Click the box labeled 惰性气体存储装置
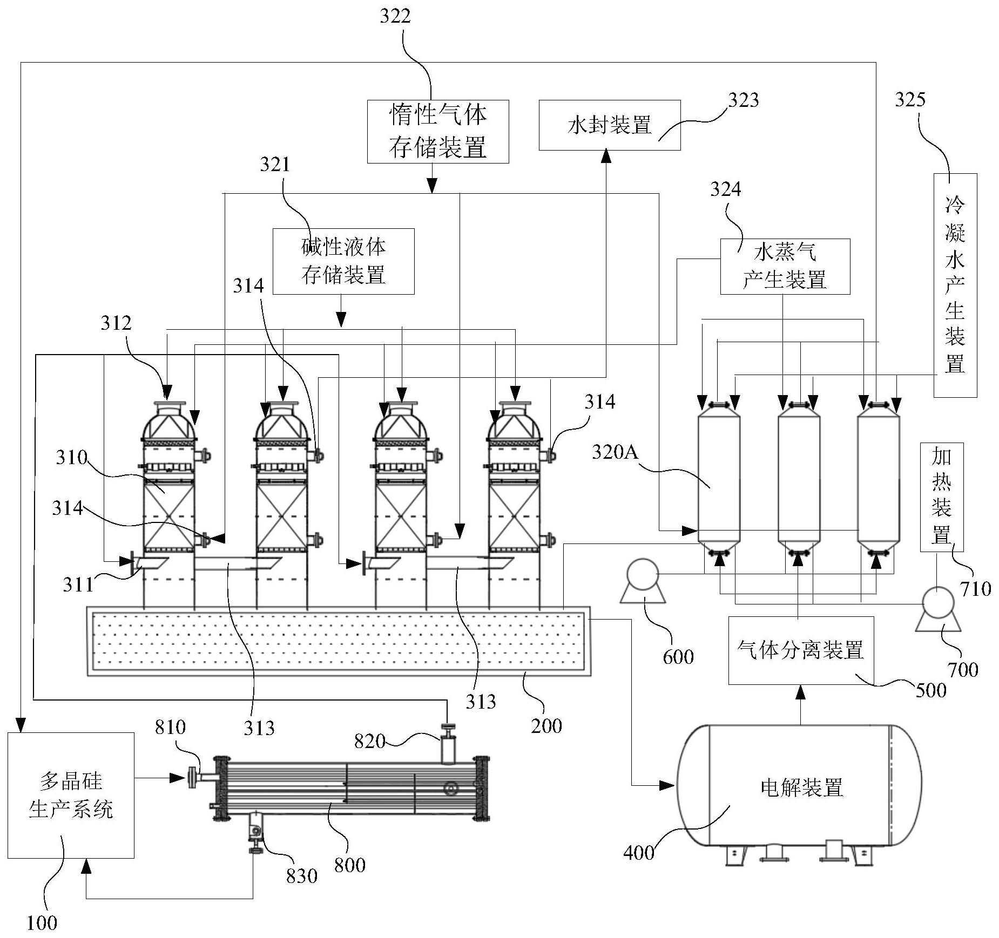coord(438,131)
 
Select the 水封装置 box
coord(610,125)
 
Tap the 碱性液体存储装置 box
coord(343,261)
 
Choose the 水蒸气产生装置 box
coord(785,267)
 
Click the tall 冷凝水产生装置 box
coord(955,285)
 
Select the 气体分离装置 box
coord(801,650)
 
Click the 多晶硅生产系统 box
coord(71,795)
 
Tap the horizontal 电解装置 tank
coord(799,787)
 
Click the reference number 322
coord(395,16)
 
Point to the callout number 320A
coord(615,452)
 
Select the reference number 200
coord(546,726)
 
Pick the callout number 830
coord(301,875)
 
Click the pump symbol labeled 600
coord(642,580)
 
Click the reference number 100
coord(42,922)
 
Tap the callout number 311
coord(78,584)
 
